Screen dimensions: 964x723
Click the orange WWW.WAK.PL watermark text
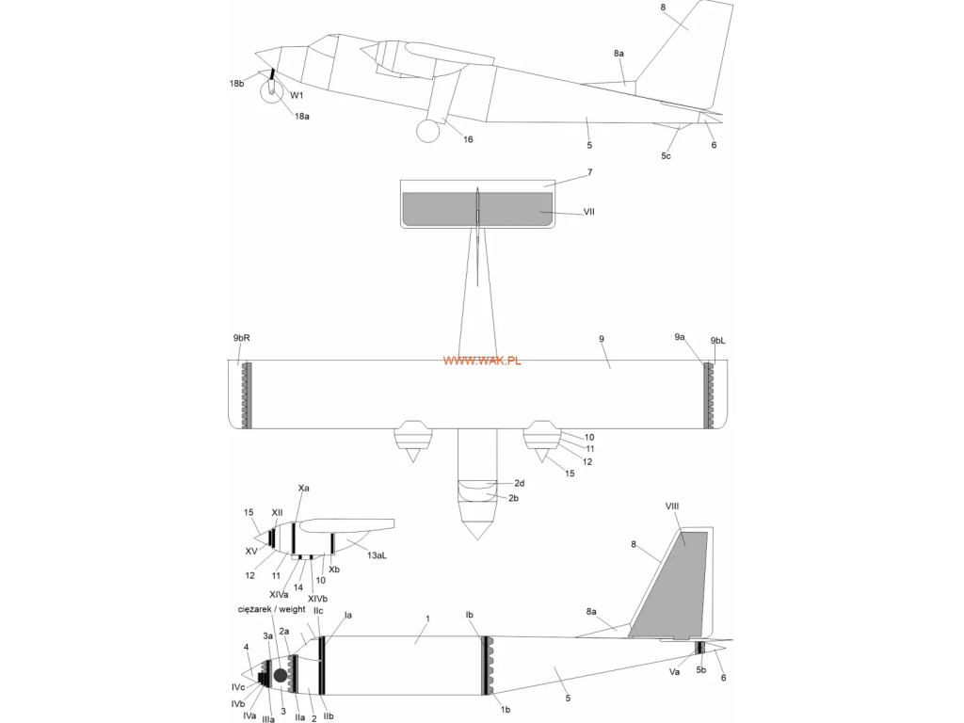481,361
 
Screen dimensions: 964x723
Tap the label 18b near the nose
236,84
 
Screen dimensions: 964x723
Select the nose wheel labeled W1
271,93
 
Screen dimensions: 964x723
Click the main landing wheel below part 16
428,131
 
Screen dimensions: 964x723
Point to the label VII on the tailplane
588,212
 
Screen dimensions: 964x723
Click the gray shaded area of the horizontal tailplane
477,209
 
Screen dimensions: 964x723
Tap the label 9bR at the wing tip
242,338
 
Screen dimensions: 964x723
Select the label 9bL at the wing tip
717,341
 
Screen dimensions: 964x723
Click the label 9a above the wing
680,337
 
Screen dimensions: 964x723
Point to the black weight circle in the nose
281,675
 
